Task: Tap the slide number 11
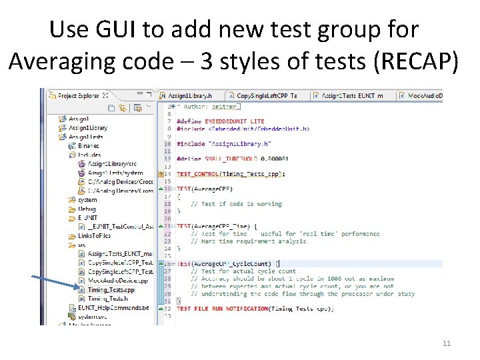point(447,343)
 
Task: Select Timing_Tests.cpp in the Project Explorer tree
point(111,290)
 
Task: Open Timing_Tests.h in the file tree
point(108,299)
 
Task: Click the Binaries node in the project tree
point(88,145)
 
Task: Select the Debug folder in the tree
point(87,209)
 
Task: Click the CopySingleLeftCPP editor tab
point(266,96)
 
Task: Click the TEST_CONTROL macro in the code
point(201,174)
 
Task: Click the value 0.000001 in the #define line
point(273,159)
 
